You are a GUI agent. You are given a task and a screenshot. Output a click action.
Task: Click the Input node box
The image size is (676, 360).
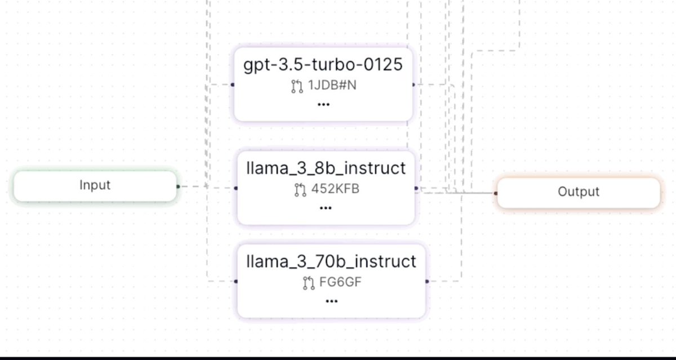[95, 185]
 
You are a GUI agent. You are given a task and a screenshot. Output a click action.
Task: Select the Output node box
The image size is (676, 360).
[578, 192]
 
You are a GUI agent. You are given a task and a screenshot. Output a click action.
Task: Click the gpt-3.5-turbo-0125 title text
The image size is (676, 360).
[323, 65]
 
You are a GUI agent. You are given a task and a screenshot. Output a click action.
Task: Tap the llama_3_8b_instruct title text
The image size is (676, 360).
[326, 168]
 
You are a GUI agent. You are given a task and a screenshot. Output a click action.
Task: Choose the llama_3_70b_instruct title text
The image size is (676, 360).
[331, 261]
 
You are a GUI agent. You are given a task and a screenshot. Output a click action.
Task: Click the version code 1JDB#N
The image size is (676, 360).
[332, 87]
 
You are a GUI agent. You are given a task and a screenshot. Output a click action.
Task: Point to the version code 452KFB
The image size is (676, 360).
[335, 189]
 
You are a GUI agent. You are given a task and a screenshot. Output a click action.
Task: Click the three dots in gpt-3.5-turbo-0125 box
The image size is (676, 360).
[323, 105]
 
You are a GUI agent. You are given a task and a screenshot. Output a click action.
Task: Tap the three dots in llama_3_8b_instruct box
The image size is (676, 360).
[326, 208]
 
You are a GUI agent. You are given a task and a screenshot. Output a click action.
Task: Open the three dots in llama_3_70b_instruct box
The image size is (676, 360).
[331, 301]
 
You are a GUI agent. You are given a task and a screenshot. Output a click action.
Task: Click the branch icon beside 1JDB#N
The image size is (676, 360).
[297, 87]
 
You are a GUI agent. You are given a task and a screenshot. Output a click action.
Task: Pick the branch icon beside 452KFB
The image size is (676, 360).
[300, 190]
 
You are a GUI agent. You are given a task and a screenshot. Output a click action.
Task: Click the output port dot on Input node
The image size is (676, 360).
[178, 186]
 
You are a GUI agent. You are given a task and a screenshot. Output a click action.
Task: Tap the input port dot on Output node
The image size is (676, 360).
[496, 193]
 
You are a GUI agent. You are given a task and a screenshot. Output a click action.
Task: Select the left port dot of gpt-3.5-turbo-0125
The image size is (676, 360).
[233, 85]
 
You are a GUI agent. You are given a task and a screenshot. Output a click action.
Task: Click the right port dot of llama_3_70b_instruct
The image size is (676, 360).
[427, 281]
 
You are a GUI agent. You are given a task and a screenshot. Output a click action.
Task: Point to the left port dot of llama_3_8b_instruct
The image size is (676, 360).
[235, 188]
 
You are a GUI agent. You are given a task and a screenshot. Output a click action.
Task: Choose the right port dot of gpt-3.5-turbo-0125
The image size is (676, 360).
[413, 85]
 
